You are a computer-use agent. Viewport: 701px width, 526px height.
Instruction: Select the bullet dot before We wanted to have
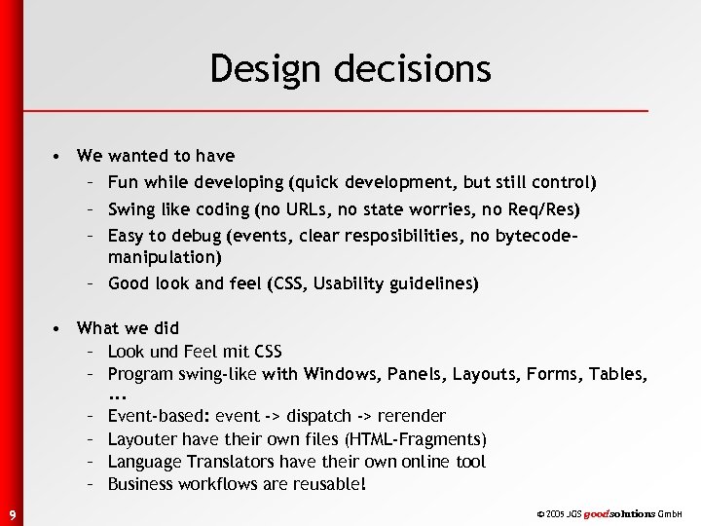[x=59, y=156]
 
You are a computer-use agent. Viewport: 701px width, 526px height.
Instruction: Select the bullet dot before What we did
[x=59, y=328]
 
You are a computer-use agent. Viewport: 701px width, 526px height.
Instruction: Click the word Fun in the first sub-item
[x=123, y=182]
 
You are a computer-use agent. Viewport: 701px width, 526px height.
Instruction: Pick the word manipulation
[x=165, y=258]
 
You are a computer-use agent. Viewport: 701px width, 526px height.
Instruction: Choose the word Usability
[x=338, y=283]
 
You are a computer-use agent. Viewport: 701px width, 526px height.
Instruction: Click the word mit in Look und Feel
[x=226, y=351]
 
